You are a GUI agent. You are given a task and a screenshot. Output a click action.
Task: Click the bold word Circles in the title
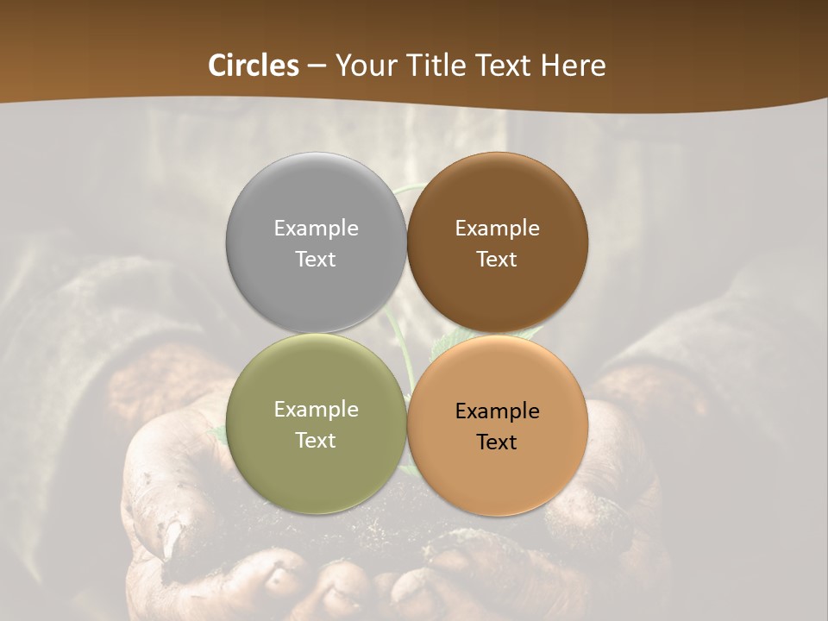254,66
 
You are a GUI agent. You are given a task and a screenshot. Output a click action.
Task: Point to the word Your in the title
364,66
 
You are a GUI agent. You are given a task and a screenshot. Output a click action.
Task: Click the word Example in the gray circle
316,229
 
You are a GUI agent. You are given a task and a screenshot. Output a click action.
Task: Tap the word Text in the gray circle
316,260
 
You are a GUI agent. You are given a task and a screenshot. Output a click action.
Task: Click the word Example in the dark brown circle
497,229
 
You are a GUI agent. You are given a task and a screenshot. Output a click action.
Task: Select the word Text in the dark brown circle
497,260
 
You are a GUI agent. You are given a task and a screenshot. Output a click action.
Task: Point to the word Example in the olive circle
316,410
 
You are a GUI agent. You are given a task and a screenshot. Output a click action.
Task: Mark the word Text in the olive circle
316,441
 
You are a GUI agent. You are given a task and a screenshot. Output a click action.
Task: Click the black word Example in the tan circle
497,411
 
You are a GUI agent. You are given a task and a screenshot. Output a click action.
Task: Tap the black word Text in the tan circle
497,442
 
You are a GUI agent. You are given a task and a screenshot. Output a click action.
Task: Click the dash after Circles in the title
317,66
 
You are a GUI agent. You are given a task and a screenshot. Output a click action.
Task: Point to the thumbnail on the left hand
172,539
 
